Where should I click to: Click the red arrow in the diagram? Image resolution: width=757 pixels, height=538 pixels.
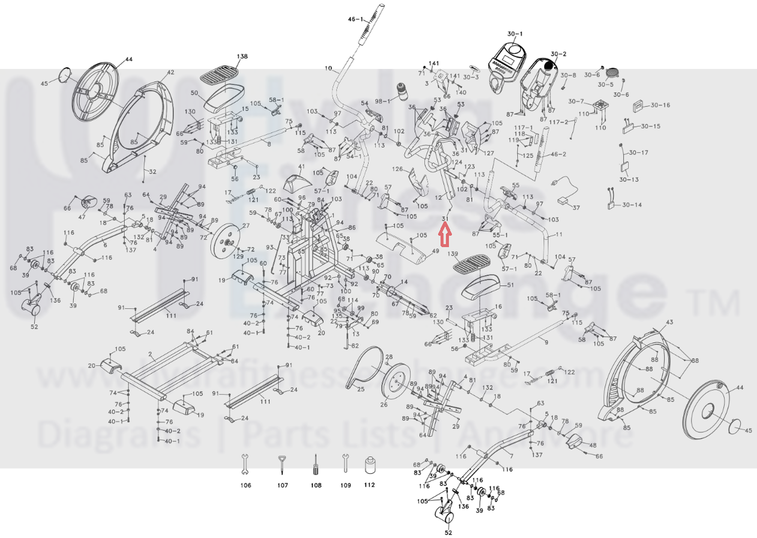tap(444, 235)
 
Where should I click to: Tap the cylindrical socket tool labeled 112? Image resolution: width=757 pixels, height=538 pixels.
tap(370, 465)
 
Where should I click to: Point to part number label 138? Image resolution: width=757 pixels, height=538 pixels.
tap(242, 56)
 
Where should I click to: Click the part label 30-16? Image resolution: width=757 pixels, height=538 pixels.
tap(660, 105)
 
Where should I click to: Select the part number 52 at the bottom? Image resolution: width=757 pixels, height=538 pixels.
tap(448, 532)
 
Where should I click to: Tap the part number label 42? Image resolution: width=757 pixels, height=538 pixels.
tap(170, 73)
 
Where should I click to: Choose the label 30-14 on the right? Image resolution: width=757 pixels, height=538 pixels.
tap(632, 205)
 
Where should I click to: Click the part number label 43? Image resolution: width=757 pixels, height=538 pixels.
tap(670, 322)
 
